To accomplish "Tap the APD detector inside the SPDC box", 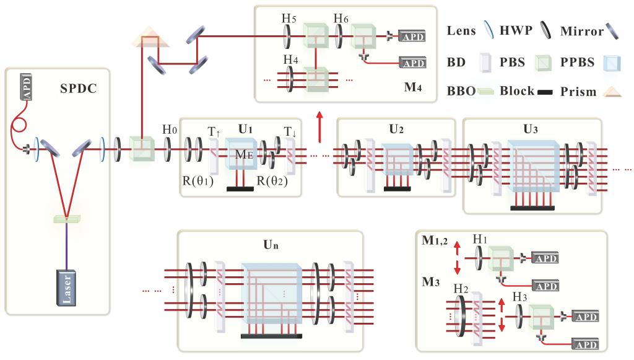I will click(x=27, y=85).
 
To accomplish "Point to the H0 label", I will click(x=168, y=130).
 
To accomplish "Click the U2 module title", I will click(x=397, y=130).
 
